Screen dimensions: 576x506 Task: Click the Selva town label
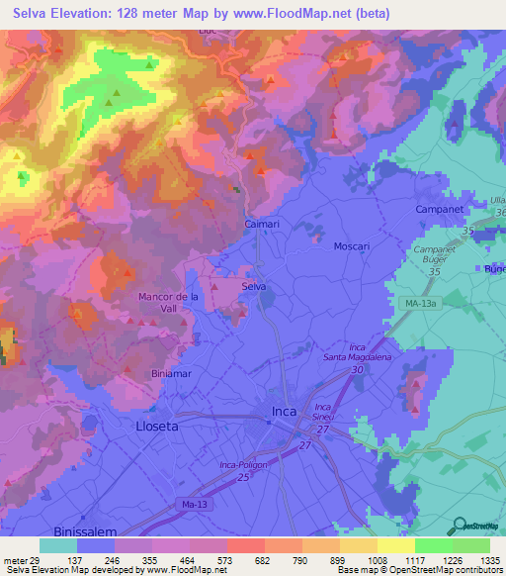254,287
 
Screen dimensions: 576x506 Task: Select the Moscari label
352,245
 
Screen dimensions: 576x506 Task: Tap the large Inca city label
285,412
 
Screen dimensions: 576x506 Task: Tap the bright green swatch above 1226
434,544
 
